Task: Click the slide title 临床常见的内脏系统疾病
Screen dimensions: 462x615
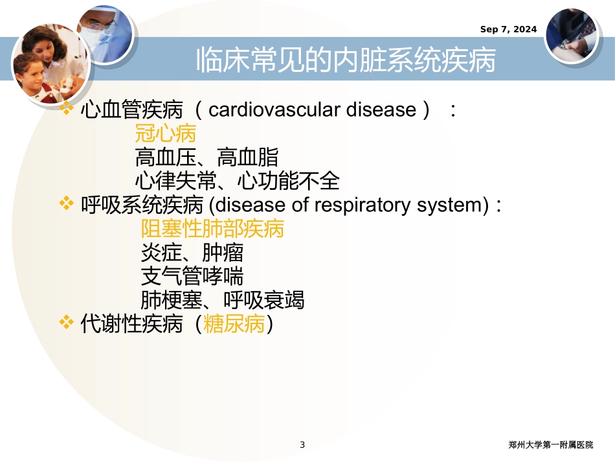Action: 346,62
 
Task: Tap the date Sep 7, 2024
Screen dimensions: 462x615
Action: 508,29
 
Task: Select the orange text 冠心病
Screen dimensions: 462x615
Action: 165,134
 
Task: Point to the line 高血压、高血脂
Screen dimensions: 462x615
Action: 207,157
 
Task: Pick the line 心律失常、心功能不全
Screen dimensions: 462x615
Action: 237,181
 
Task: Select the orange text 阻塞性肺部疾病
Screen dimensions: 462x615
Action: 212,229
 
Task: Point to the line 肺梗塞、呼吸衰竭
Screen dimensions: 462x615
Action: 222,300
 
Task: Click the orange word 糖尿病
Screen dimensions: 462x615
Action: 234,324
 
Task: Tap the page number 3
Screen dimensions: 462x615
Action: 302,445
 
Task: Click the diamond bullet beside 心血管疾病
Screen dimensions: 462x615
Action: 66,109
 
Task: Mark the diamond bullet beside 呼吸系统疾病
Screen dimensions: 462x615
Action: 66,205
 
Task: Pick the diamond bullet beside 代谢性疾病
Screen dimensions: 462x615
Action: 66,323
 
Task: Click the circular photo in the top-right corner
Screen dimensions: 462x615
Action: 571,35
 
